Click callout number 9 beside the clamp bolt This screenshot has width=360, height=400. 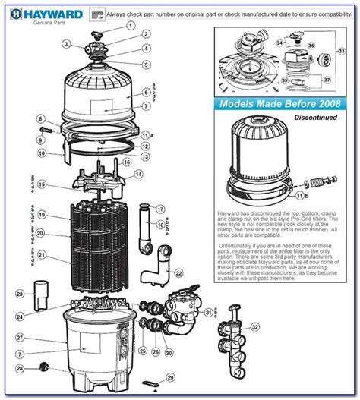point(40,139)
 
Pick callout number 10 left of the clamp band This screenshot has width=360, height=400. point(41,153)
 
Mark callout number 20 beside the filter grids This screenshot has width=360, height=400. point(41,232)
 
